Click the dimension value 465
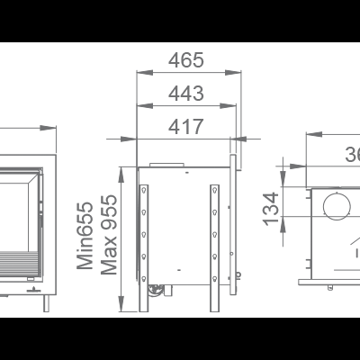[x=186, y=60]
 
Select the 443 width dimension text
[x=186, y=93]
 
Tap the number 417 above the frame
[x=186, y=127]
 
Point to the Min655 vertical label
[x=85, y=236]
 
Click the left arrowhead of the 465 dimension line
[x=139, y=73]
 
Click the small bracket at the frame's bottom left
[x=158, y=291]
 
